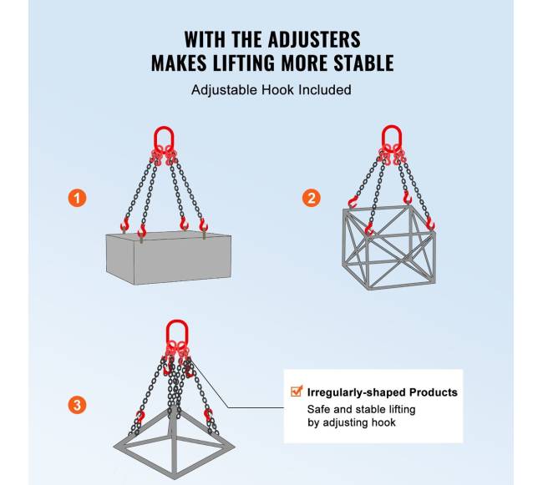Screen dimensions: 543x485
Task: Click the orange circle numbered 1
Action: pyautogui.click(x=77, y=198)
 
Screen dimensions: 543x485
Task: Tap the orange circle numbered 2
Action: pyautogui.click(x=311, y=198)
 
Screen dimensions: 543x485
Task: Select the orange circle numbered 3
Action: pyautogui.click(x=77, y=405)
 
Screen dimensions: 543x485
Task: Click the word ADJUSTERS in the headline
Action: pyautogui.click(x=314, y=39)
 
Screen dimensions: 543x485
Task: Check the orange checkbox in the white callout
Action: pyautogui.click(x=297, y=392)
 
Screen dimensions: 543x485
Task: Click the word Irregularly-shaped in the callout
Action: pyautogui.click(x=356, y=392)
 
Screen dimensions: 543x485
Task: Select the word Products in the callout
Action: pyautogui.click(x=434, y=392)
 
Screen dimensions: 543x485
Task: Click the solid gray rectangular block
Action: pyautogui.click(x=169, y=258)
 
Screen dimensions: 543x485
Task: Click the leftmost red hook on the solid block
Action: pyautogui.click(x=124, y=225)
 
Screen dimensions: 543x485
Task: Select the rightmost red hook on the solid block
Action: pyautogui.click(x=203, y=225)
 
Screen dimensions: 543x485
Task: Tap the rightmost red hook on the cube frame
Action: pyautogui.click(x=430, y=225)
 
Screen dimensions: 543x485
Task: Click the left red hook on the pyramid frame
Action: pyautogui.click(x=140, y=416)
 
